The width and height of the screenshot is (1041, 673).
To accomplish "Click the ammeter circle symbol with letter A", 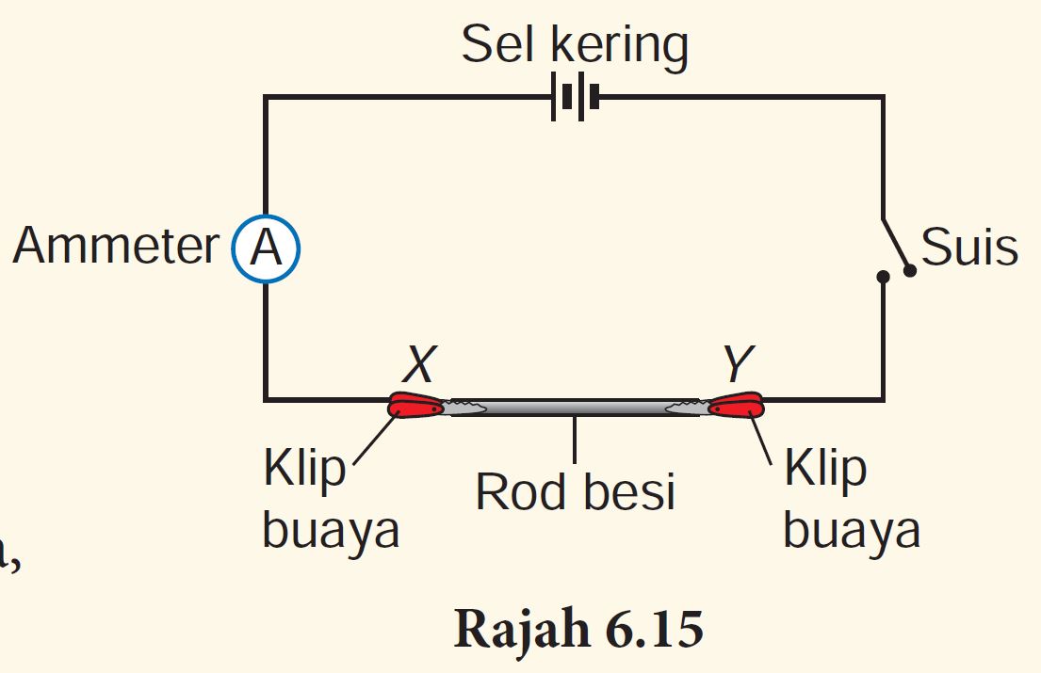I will tap(266, 250).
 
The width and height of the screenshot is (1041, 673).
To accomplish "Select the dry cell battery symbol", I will tap(575, 97).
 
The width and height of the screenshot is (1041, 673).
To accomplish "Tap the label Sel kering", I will tap(575, 45).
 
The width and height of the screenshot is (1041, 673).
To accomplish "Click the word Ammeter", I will tap(116, 248).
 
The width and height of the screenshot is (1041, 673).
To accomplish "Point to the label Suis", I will tap(969, 248).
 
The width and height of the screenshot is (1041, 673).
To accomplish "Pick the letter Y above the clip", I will tap(740, 362).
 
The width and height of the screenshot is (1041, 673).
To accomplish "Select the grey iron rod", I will tap(575, 407).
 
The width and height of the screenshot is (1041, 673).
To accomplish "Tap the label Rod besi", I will tap(575, 491).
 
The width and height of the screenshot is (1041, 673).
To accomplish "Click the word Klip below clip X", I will tap(304, 470).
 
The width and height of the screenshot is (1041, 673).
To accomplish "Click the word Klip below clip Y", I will tap(824, 470).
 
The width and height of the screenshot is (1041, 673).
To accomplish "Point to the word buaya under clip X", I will tap(330, 531).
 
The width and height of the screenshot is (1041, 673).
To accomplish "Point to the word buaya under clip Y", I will tap(851, 531).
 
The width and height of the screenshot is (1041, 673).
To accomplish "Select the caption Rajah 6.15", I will tap(578, 630).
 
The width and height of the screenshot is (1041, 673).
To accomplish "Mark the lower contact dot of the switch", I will tap(883, 278).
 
